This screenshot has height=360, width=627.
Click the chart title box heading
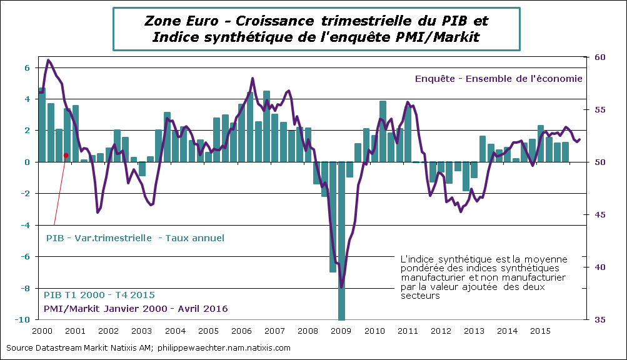[316, 29]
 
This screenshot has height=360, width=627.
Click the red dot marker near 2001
[66, 156]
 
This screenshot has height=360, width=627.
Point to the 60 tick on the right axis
[598, 57]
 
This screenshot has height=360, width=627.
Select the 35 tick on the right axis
[598, 319]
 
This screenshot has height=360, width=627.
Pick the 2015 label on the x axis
[543, 330]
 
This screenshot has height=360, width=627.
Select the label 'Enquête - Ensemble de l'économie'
[498, 79]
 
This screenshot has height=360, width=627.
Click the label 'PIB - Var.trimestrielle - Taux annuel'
[135, 238]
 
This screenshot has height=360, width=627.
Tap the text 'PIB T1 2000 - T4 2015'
[99, 295]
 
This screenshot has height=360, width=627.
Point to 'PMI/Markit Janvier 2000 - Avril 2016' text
[135, 309]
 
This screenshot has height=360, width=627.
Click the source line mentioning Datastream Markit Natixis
[148, 347]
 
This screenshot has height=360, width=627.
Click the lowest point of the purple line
[341, 287]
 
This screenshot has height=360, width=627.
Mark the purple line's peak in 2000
[49, 60]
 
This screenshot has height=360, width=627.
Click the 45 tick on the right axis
[598, 214]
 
